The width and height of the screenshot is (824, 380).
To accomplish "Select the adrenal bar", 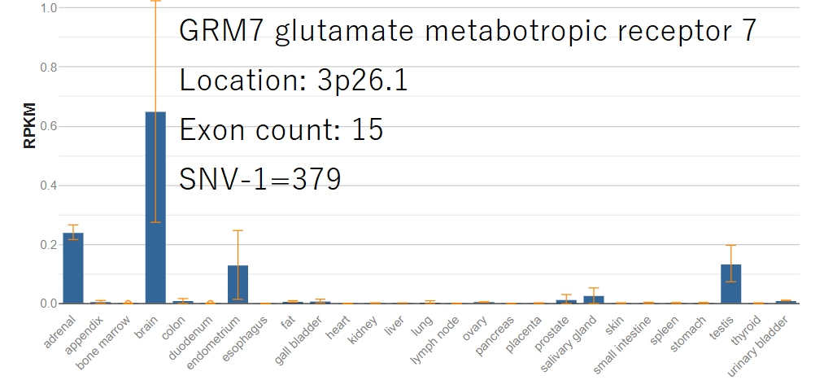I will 73,269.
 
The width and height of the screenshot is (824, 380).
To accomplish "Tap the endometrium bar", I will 238,285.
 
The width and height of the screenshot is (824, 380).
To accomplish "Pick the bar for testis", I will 730,284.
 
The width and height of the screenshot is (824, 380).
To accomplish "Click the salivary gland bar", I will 594,299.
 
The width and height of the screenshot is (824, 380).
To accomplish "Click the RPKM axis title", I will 30,126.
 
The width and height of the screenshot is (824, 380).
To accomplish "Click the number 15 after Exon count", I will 368,130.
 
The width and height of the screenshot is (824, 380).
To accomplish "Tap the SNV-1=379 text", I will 259,179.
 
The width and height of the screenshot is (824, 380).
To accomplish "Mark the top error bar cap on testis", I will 730,245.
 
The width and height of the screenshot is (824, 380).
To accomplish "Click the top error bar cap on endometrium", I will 238,230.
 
